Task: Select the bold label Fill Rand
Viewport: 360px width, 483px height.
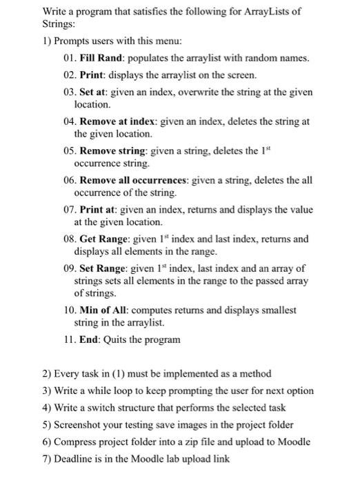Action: pyautogui.click(x=103, y=58)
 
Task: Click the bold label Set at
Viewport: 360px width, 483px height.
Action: pyautogui.click(x=95, y=92)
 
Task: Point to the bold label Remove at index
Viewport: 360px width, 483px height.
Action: pyautogui.click(x=117, y=121)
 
